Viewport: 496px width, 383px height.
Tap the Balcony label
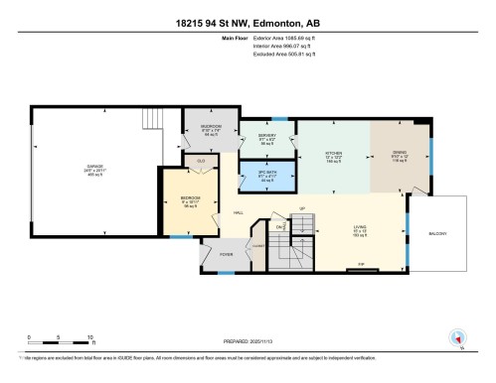click(438, 234)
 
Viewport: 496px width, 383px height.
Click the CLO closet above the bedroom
click(200, 161)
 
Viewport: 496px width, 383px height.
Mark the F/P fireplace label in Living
click(361, 264)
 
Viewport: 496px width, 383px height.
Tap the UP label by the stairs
click(300, 208)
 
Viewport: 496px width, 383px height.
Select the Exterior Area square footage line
click(288, 40)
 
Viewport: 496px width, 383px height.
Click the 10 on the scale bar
click(90, 338)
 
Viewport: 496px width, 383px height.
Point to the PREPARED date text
click(248, 343)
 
